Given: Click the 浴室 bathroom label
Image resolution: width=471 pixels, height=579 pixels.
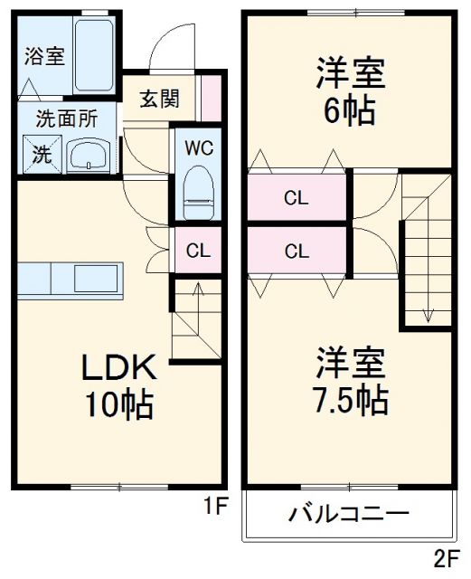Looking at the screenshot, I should pos(43,56).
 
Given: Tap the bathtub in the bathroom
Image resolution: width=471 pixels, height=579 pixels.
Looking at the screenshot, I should pos(93,56).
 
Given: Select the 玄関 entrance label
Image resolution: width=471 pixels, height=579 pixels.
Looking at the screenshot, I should pos(158,99).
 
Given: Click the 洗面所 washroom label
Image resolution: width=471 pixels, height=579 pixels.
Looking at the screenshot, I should pos(61,119).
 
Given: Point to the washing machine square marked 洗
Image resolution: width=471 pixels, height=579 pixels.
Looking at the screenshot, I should pos(42,154).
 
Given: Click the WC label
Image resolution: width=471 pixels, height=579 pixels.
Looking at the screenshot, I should pos(198,148).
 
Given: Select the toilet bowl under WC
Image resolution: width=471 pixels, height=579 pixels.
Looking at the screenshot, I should pos(197,193).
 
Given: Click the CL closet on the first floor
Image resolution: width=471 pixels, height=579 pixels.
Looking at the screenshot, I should pos(197,251).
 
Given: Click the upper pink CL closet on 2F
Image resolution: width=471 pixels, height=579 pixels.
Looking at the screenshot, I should pos(297,198).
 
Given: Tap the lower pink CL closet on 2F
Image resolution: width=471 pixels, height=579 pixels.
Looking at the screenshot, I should pos(297,252).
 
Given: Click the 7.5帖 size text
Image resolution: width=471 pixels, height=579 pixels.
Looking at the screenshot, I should pos(353,398).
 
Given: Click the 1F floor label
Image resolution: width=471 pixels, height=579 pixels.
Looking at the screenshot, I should pos(213,508).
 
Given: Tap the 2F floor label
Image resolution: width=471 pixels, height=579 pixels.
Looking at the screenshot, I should pos(446,557).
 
